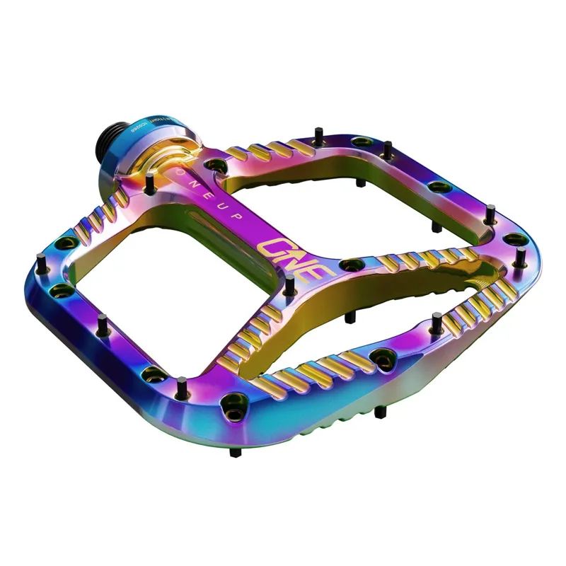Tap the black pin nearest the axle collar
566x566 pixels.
click(150, 183)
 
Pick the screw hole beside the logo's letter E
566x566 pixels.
click(350, 265)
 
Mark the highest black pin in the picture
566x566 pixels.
click(319, 132)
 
